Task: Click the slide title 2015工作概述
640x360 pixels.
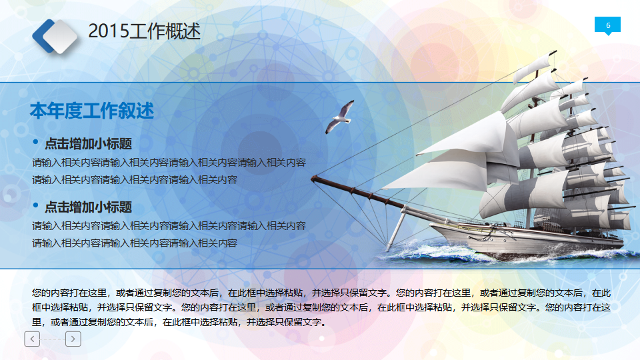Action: click(144, 31)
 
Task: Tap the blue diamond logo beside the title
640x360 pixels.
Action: click(55, 36)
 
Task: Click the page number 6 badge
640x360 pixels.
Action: click(607, 25)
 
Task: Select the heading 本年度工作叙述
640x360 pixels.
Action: click(91, 111)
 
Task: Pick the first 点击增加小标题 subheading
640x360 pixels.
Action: click(88, 143)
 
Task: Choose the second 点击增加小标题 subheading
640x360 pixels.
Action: click(88, 207)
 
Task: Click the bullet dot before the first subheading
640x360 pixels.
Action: click(36, 143)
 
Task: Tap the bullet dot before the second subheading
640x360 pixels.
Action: click(36, 206)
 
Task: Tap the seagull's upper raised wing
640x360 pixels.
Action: click(348, 107)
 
